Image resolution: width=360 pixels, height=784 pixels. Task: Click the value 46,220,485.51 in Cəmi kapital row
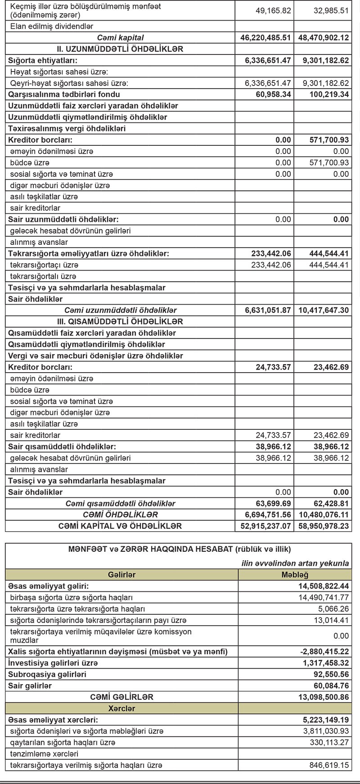click(x=265, y=38)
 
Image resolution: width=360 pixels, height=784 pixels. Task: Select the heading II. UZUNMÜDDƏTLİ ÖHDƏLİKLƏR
click(x=117, y=49)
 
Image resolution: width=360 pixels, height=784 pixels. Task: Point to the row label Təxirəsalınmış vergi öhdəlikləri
click(x=67, y=129)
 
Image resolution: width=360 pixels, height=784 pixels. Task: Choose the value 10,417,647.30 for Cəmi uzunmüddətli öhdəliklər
click(x=322, y=310)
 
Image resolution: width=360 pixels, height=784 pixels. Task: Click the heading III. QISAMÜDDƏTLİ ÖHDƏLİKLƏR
click(x=117, y=322)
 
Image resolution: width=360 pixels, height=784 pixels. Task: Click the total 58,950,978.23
click(x=322, y=526)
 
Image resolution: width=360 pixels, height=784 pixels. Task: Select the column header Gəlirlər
click(x=121, y=575)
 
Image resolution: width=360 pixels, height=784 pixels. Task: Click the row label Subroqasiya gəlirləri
click(x=47, y=674)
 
